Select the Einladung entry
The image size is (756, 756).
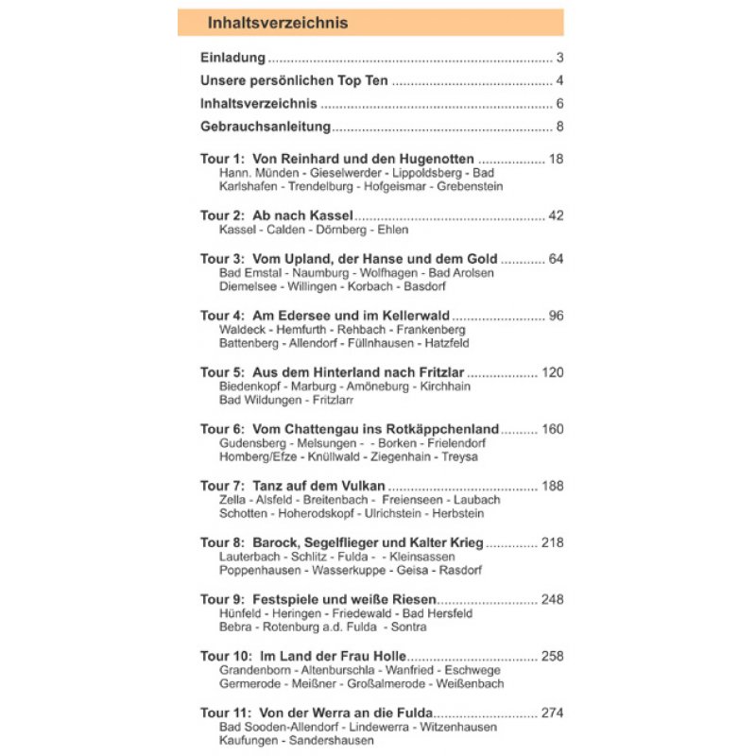click(232, 58)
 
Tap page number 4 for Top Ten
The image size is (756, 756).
click(559, 80)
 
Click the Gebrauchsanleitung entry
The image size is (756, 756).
click(266, 127)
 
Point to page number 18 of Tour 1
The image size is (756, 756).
click(556, 159)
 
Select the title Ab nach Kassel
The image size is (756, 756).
click(302, 215)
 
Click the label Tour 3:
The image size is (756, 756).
click(222, 258)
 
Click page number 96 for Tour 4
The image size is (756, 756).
click(556, 315)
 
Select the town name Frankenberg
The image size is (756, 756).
click(431, 330)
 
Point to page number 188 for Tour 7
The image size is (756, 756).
click(552, 486)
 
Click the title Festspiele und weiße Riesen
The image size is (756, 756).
click(344, 599)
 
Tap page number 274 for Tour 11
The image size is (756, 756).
click(552, 713)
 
